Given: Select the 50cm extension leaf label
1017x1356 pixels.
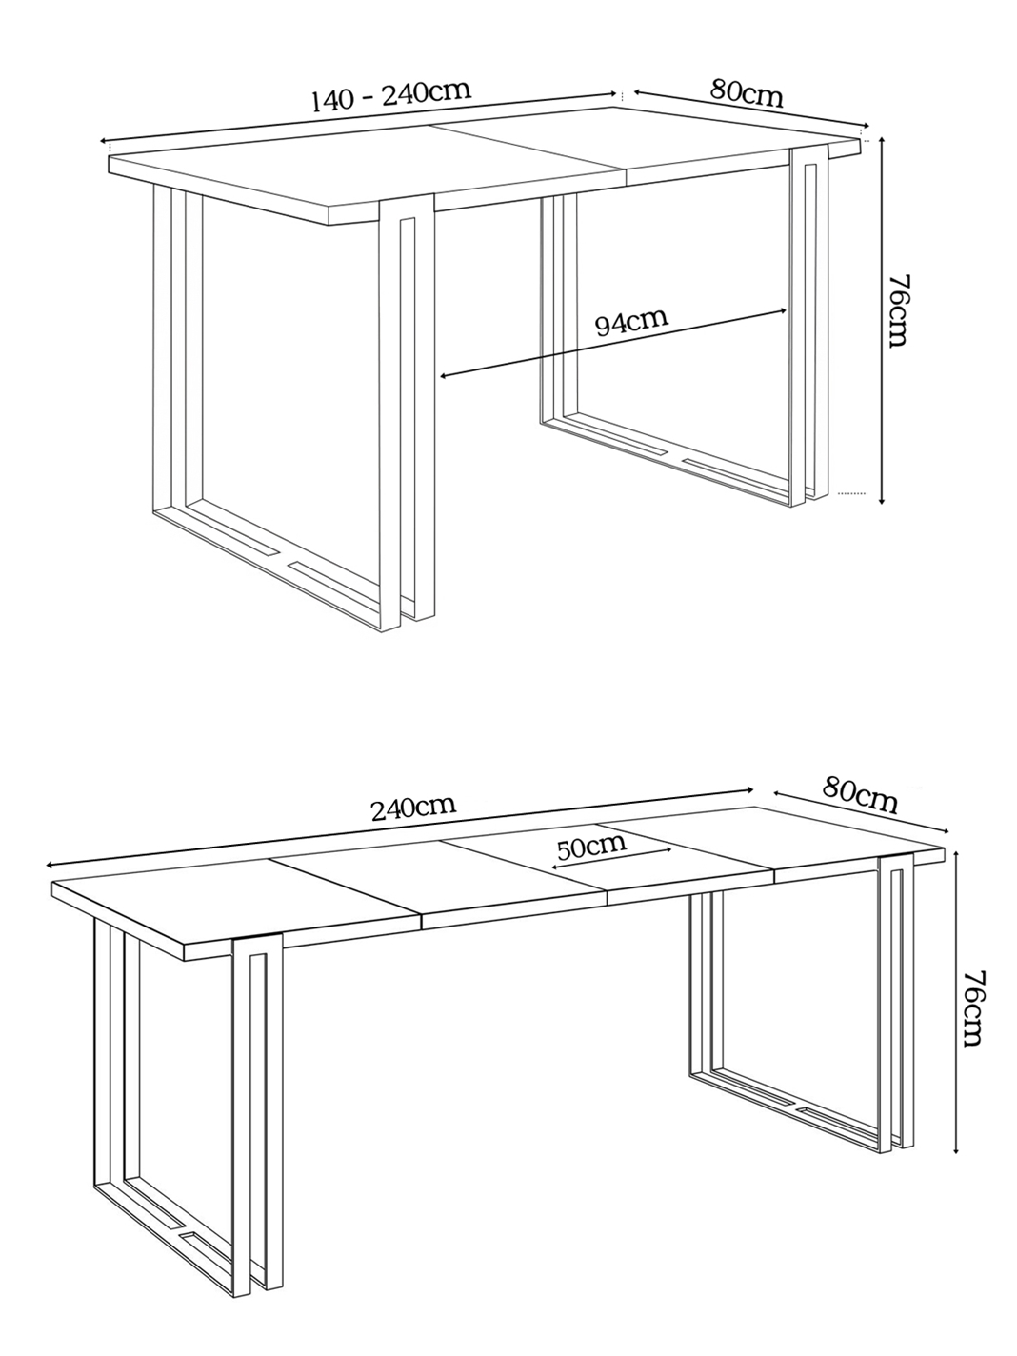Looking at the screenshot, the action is click(x=591, y=847).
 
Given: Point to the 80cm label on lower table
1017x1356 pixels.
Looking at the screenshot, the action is click(x=859, y=796).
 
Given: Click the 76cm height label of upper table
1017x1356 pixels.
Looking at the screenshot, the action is click(x=897, y=310).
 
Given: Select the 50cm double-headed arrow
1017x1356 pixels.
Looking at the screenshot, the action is click(x=611, y=858).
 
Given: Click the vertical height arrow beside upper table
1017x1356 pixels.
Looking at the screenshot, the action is click(x=883, y=321).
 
